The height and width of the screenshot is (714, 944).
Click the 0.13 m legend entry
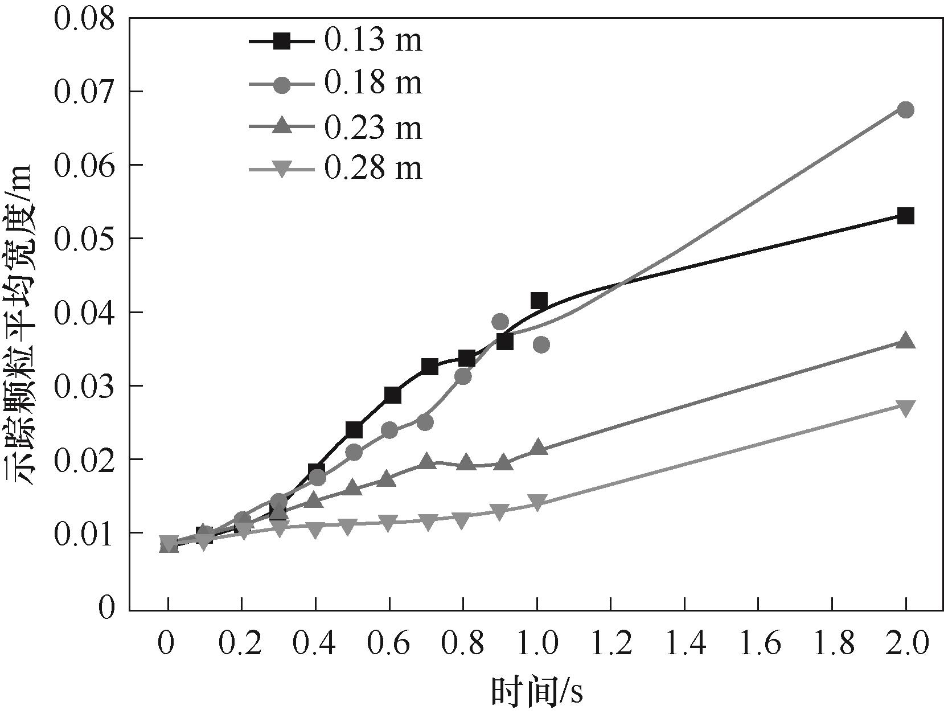pos(336,41)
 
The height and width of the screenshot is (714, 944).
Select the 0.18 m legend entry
pos(336,84)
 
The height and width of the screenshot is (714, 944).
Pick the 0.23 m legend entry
pos(336,126)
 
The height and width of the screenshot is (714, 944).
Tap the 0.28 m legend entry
pos(336,169)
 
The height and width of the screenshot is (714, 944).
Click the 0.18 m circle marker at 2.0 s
pos(905,110)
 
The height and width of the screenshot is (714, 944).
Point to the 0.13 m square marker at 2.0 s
pos(905,216)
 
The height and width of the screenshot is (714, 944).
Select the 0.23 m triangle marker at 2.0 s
pos(905,342)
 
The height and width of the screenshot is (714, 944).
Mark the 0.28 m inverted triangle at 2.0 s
pos(905,407)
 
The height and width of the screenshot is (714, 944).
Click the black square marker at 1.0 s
pos(539,300)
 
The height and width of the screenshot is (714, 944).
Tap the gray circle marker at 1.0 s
pos(541,344)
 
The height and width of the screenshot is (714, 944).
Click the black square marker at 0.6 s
pos(392,395)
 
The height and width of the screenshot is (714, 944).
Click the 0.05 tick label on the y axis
pos(91,239)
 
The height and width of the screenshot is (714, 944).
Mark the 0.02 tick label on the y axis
pos(91,459)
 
